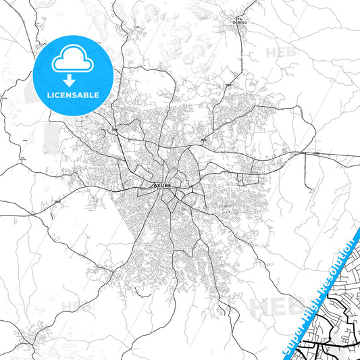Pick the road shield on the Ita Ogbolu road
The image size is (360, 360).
(x=229, y=84)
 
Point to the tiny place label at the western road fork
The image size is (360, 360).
(x=22, y=159)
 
